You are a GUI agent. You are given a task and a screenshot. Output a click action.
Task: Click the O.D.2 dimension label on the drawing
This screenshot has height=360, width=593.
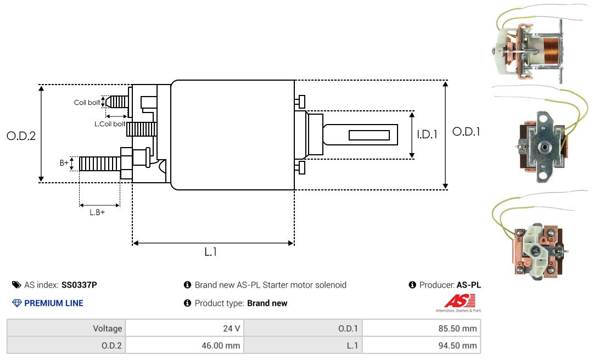[x=21, y=136]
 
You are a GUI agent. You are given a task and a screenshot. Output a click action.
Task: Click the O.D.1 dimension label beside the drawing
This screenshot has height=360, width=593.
[x=466, y=132]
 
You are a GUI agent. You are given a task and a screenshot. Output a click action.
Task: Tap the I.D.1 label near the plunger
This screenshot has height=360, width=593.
[x=427, y=134]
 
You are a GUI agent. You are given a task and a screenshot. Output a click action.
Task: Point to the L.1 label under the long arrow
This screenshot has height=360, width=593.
[x=211, y=252]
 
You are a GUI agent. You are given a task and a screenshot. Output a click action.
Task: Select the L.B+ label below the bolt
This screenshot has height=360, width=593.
[x=97, y=212]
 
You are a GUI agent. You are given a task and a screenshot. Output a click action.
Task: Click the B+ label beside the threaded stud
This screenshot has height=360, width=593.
[x=64, y=163]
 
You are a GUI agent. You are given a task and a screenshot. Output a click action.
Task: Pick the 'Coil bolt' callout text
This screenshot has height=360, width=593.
[x=87, y=103]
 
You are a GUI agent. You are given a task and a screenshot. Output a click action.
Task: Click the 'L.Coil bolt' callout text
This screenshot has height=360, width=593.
[x=110, y=124]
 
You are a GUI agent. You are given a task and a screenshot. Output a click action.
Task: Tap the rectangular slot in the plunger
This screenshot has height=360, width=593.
[x=369, y=135]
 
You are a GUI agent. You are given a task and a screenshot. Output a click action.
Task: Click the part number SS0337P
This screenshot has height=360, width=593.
[x=80, y=285]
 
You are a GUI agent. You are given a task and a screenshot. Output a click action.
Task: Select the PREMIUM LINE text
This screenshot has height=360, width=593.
[x=54, y=303]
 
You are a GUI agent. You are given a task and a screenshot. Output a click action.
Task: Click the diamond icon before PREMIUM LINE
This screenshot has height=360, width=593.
[x=16, y=303]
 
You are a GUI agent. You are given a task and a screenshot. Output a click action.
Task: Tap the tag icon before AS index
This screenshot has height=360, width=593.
[x=16, y=285]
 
